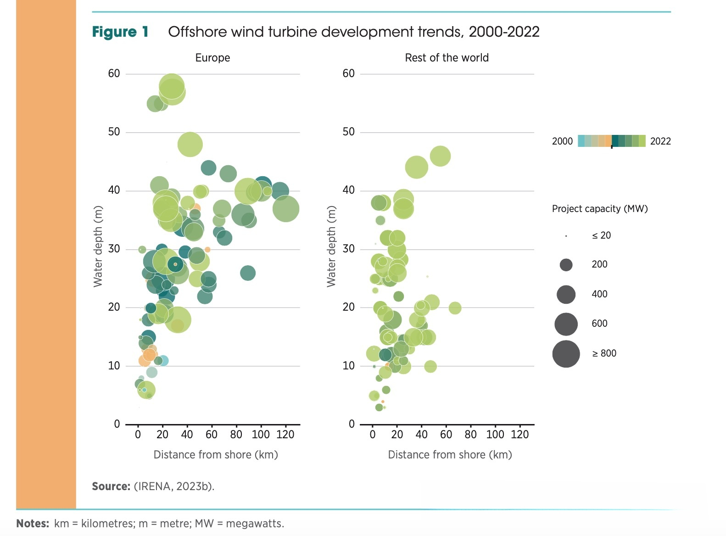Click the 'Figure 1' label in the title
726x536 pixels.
(120, 32)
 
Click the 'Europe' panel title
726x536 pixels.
(212, 58)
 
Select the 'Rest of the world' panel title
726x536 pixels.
(447, 58)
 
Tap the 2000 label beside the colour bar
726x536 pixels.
(562, 141)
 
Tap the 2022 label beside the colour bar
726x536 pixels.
(660, 141)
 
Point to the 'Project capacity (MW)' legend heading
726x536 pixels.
(600, 209)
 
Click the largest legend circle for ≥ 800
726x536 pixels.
(566, 354)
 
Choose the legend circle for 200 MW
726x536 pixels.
(566, 265)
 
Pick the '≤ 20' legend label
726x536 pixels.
(601, 236)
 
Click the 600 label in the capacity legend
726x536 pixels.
(599, 324)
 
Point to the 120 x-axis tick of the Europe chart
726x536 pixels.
(285, 435)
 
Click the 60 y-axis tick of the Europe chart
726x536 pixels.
(114, 73)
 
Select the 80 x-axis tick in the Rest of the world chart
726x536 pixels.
(470, 435)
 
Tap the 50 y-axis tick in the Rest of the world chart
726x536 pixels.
(348, 132)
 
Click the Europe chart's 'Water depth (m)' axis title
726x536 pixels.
(98, 246)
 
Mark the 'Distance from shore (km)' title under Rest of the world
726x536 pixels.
(450, 455)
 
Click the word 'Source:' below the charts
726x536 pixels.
(111, 486)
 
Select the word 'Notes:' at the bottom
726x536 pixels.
(33, 524)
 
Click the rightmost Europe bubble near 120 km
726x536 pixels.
(286, 208)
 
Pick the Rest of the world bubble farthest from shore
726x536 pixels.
(455, 308)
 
